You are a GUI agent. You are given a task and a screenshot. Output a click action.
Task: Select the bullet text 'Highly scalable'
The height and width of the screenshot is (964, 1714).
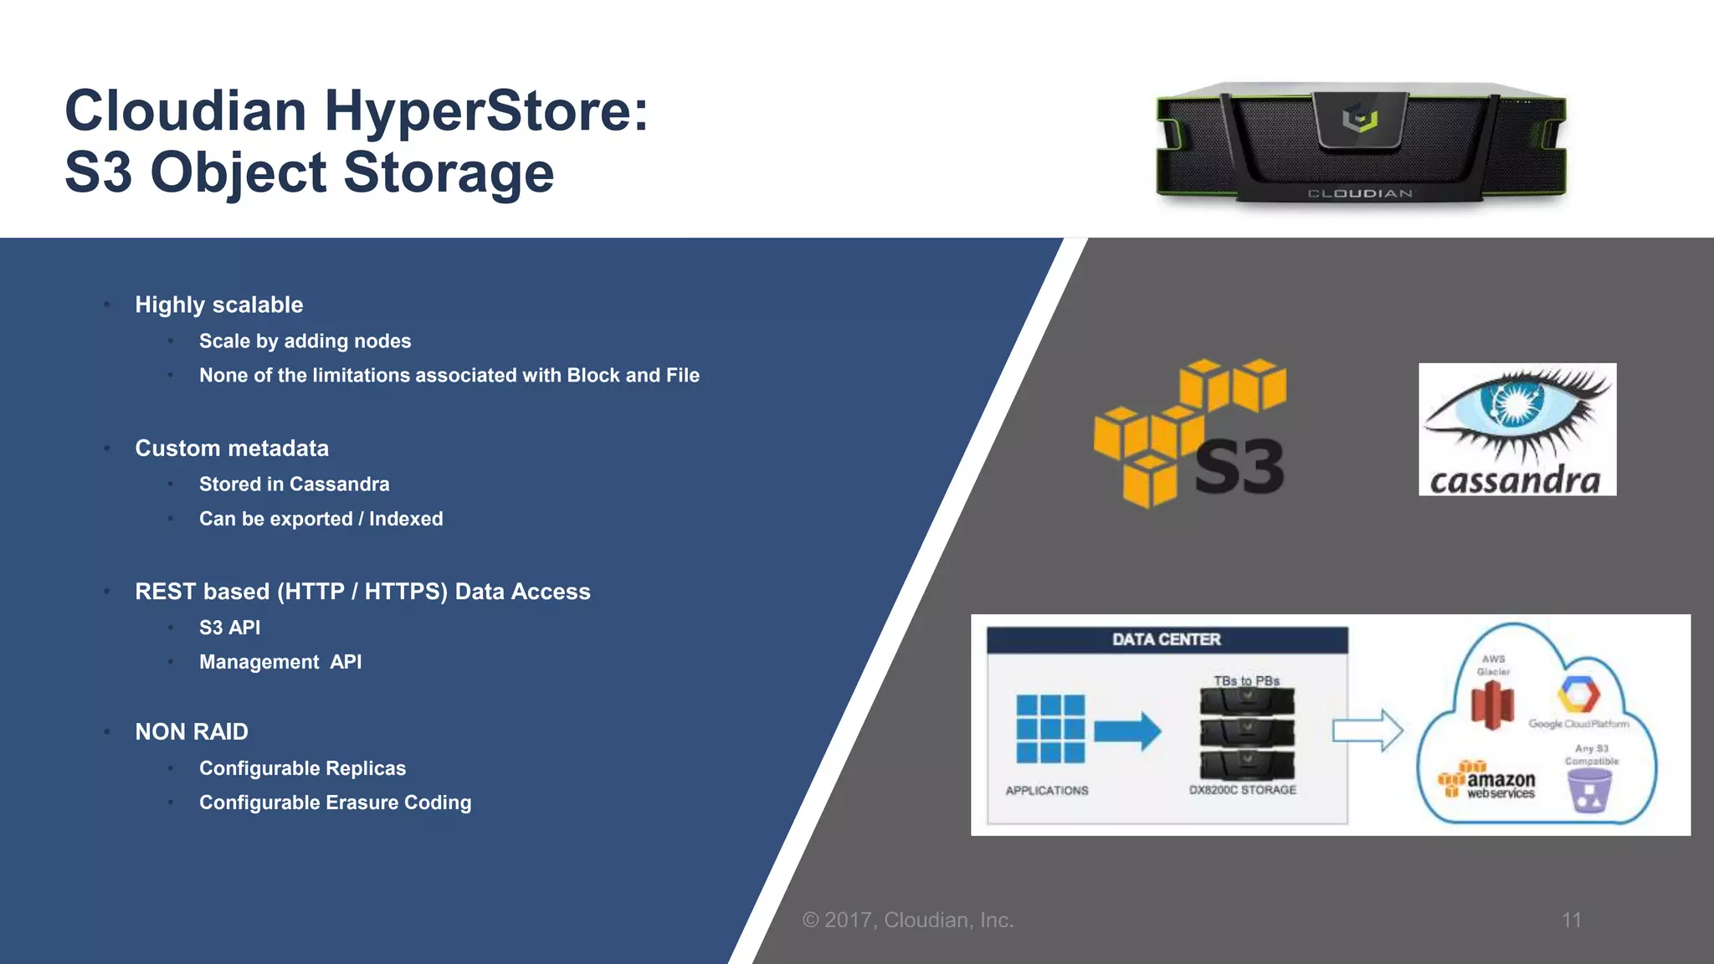tap(219, 305)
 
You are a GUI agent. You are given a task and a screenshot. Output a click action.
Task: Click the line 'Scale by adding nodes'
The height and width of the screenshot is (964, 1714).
tap(305, 341)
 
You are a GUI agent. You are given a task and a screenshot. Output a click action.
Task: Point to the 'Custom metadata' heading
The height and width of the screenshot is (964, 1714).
tap(232, 449)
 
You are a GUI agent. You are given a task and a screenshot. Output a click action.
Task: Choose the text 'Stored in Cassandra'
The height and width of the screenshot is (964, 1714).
tap(294, 485)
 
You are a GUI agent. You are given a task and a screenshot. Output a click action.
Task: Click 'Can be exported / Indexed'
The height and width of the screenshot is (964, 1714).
tap(321, 519)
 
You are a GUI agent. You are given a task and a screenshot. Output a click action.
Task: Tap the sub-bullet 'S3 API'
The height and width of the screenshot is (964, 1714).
tap(229, 628)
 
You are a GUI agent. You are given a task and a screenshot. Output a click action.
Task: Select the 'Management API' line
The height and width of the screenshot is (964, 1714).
tap(280, 662)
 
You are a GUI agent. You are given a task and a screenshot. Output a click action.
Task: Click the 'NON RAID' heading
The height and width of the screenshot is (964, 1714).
tap(192, 732)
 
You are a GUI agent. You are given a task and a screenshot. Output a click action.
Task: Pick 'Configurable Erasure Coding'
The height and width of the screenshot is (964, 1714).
tap(335, 802)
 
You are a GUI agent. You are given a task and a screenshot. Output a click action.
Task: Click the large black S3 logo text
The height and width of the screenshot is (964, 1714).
tap(1239, 467)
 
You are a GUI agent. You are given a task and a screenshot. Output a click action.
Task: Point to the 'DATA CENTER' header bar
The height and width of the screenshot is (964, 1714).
tap(1167, 640)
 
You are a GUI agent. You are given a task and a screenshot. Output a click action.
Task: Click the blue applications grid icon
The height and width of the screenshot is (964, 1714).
tap(1050, 729)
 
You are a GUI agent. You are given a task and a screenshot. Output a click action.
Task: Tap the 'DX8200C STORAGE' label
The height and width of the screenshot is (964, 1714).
tap(1243, 790)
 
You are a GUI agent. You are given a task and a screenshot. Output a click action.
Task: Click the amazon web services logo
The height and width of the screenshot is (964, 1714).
tap(1487, 782)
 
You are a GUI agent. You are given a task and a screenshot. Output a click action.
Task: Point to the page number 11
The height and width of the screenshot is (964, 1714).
tap(1571, 920)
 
